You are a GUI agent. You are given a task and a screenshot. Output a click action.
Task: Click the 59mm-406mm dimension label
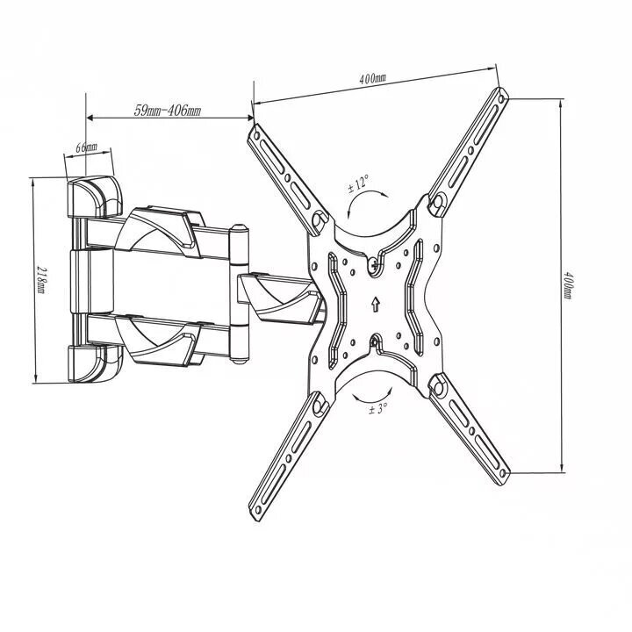click(168, 110)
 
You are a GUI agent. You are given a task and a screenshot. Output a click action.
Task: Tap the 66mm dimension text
click(87, 147)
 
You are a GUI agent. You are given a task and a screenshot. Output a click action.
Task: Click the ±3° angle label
click(377, 409)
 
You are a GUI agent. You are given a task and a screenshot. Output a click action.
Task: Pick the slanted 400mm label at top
click(372, 77)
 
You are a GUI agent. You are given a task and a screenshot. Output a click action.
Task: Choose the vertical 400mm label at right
click(567, 285)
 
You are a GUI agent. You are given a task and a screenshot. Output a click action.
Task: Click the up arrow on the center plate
click(376, 304)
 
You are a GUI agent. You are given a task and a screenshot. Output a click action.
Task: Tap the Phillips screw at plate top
click(375, 265)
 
